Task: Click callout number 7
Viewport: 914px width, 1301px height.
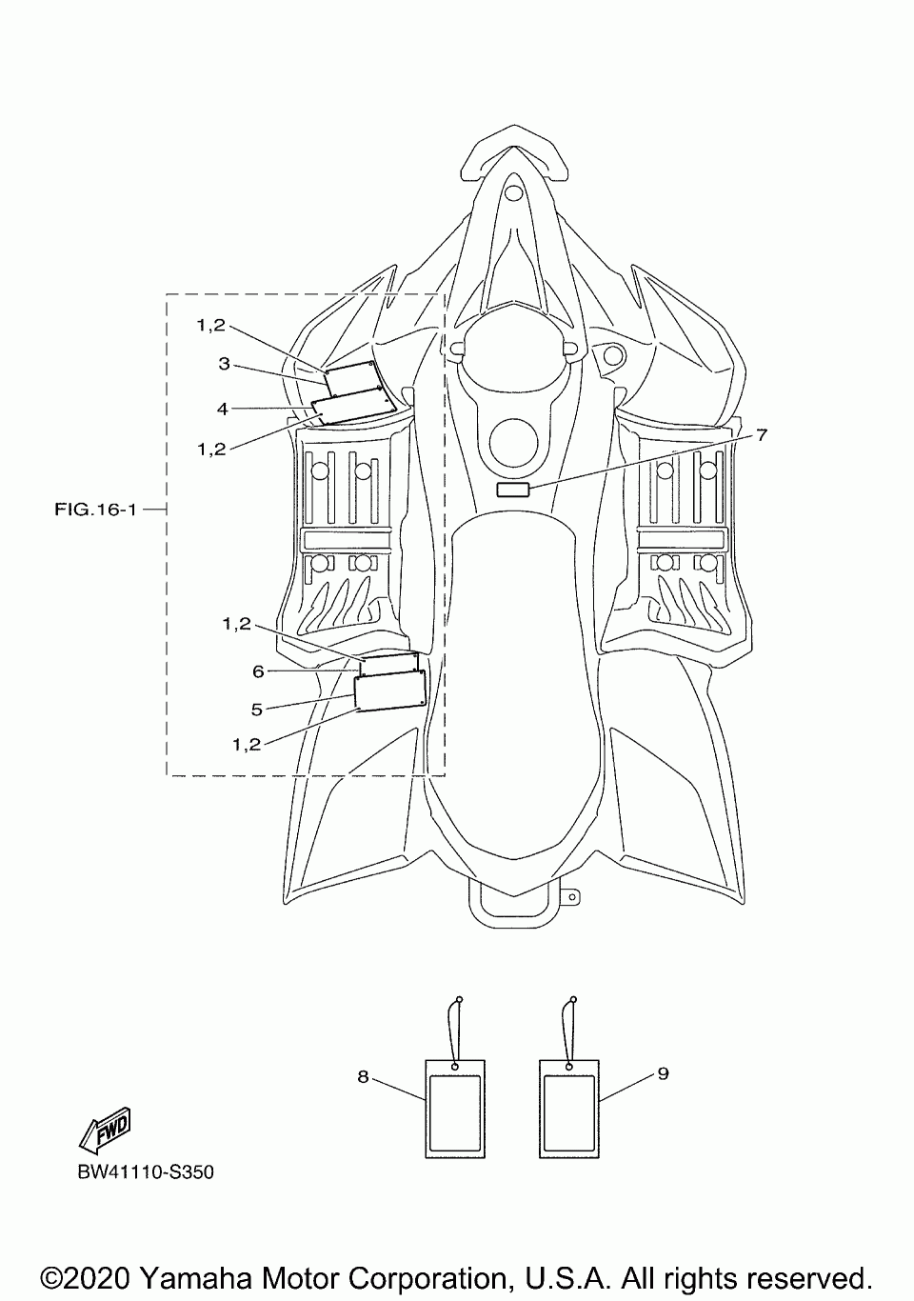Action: [x=762, y=434]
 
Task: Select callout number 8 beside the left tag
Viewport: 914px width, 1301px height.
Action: [x=363, y=1076]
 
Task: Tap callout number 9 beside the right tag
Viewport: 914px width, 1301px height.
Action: [x=663, y=1073]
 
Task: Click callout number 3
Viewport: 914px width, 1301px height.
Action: [x=224, y=363]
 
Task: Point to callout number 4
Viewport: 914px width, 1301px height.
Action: [x=222, y=409]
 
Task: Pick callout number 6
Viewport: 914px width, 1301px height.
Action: [x=258, y=671]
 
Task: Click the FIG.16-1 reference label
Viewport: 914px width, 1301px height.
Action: [x=96, y=510]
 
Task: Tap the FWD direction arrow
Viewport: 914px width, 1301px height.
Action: [x=104, y=1129]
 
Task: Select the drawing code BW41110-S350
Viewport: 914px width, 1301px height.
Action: [x=146, y=1171]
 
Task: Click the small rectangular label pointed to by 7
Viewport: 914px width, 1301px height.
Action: [x=513, y=490]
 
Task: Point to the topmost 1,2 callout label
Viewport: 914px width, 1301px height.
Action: [x=211, y=325]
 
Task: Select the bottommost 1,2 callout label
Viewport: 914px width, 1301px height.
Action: [x=246, y=745]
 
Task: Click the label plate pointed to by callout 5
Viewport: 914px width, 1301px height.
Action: [x=388, y=690]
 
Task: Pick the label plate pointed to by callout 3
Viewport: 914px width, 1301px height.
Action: [x=352, y=378]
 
